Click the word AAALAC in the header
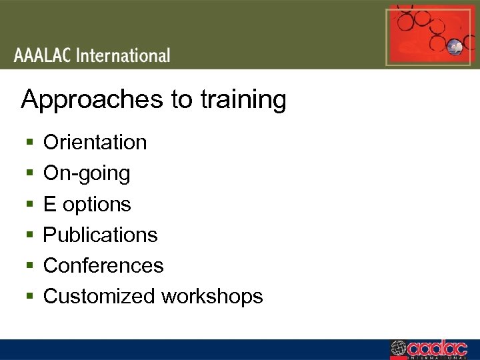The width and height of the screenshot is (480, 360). pyautogui.click(x=43, y=55)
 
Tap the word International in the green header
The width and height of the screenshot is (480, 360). pyautogui.click(x=124, y=55)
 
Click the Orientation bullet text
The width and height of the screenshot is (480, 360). pyautogui.click(x=95, y=142)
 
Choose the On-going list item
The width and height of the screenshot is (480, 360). pyautogui.click(x=87, y=173)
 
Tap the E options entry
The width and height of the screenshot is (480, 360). pyautogui.click(x=87, y=204)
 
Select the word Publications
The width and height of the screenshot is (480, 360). pyautogui.click(x=100, y=235)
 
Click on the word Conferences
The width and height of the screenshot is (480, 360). pyautogui.click(x=103, y=265)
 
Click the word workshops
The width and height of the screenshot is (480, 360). pyautogui.click(x=211, y=296)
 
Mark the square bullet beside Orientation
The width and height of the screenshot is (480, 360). pyautogui.click(x=28, y=143)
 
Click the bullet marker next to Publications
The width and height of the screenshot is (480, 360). pyautogui.click(x=28, y=235)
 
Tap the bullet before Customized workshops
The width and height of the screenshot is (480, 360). pyautogui.click(x=28, y=297)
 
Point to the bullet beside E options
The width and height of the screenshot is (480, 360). pyautogui.click(x=28, y=205)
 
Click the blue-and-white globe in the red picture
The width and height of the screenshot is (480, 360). pyautogui.click(x=455, y=47)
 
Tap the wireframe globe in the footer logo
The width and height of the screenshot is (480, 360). pyautogui.click(x=398, y=349)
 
